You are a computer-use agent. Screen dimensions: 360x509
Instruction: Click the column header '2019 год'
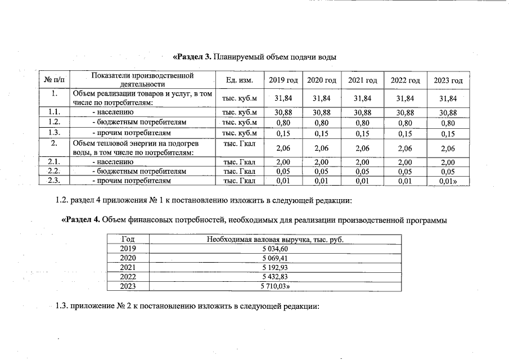pyautogui.click(x=283, y=80)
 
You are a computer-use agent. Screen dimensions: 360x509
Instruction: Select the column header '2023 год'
pyautogui.click(x=448, y=80)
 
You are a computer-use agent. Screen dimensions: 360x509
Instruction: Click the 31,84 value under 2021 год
pyautogui.click(x=363, y=98)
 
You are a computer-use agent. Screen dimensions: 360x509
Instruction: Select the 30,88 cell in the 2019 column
pyautogui.click(x=283, y=112)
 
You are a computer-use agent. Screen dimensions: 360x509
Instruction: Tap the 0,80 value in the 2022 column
pyautogui.click(x=405, y=123)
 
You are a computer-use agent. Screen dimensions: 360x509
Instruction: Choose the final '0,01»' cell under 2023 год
pyautogui.click(x=448, y=181)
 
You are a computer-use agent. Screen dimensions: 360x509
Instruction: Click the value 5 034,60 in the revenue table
pyautogui.click(x=275, y=249)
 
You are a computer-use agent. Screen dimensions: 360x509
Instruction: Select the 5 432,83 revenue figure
pyautogui.click(x=275, y=277)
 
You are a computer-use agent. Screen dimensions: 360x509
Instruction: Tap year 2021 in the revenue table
pyautogui.click(x=128, y=267)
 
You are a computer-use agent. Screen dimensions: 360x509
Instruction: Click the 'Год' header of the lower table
pyautogui.click(x=128, y=240)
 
